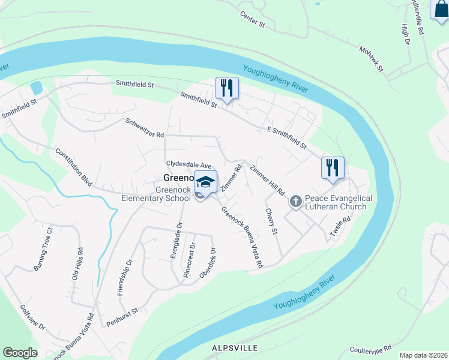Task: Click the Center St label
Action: tap(253, 19)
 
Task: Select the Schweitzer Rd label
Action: tap(145, 127)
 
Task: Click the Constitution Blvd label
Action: tap(73, 167)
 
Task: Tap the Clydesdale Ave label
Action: tap(189, 164)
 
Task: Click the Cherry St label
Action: tap(271, 222)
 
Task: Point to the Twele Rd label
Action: tap(341, 228)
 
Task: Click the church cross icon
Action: tap(295, 202)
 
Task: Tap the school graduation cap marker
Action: tap(205, 182)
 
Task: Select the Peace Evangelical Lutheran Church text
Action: tap(339, 202)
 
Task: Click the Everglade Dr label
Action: tap(175, 240)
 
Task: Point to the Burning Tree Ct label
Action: tap(43, 249)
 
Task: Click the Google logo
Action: tap(20, 353)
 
